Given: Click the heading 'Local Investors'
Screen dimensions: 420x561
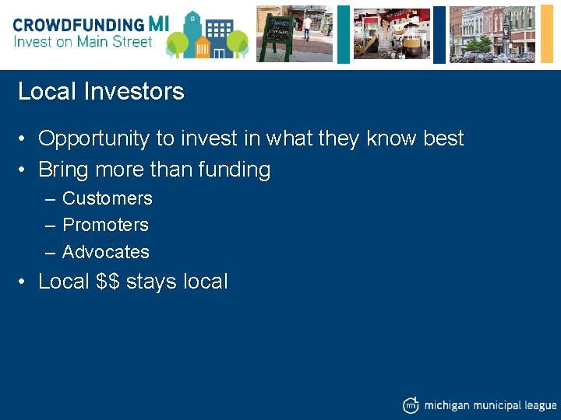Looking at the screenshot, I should pyautogui.click(x=101, y=92).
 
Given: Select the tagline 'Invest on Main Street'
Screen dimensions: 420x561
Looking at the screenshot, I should pyautogui.click(x=83, y=42).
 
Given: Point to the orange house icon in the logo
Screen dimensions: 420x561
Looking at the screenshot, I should pyautogui.click(x=203, y=47).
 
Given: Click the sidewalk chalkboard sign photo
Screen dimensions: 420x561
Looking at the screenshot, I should pyautogui.click(x=295, y=33).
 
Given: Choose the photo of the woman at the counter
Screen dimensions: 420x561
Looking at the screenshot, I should pyautogui.click(x=391, y=33).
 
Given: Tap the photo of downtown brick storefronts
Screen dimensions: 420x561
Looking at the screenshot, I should pyautogui.click(x=492, y=33).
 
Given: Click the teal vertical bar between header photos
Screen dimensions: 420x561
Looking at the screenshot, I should pyautogui.click(x=343, y=33).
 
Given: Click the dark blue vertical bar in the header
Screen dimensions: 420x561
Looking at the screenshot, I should pyautogui.click(x=439, y=33).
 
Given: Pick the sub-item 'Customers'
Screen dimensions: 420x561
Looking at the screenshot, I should pyautogui.click(x=107, y=198).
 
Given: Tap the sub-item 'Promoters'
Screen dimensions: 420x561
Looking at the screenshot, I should pyautogui.click(x=105, y=225).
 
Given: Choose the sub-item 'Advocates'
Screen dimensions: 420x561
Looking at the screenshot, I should pyautogui.click(x=105, y=252).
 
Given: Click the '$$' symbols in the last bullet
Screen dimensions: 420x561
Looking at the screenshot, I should pyautogui.click(x=108, y=282).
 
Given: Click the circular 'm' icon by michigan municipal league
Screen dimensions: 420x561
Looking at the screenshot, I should pyautogui.click(x=411, y=404).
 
